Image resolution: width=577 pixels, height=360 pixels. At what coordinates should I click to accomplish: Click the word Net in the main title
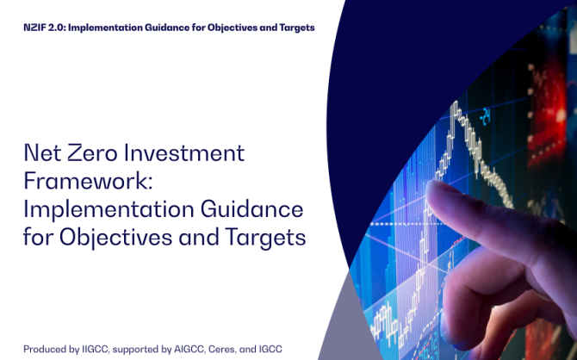[x=42, y=152]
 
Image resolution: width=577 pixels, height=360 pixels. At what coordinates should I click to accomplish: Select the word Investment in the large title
[x=184, y=152]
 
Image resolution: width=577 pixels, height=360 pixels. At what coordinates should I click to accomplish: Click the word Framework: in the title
[x=88, y=181]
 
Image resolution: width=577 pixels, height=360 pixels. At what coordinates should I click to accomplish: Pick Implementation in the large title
[x=109, y=210]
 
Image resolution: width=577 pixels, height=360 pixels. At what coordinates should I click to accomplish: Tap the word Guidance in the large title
[x=252, y=208]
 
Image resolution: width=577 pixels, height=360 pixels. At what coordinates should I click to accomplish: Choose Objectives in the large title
[x=116, y=238]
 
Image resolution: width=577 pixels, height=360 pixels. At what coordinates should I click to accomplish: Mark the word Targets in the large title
[x=265, y=238]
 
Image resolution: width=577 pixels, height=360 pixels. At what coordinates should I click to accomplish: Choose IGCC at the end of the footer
[x=270, y=349]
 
